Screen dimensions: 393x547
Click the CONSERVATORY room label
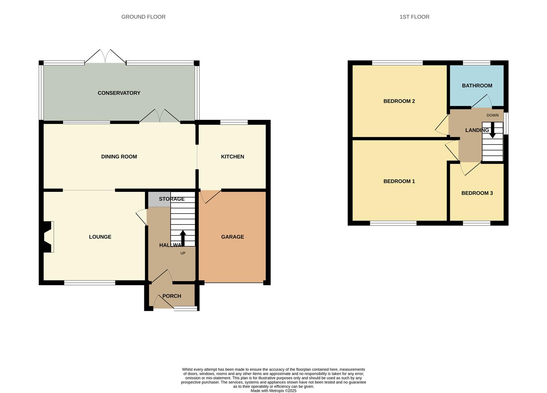(x=119, y=93)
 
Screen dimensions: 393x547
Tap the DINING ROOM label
(x=119, y=157)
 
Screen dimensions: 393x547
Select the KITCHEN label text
(x=233, y=157)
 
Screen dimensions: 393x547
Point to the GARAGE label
(x=233, y=237)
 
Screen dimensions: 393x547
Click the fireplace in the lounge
(x=48, y=237)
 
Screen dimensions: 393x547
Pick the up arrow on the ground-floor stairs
(x=183, y=238)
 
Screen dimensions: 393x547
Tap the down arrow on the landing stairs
(x=492, y=131)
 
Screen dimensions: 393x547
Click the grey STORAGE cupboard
(x=159, y=199)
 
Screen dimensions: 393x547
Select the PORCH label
(x=172, y=296)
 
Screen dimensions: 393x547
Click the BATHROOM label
(x=477, y=86)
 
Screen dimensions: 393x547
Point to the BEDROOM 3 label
(x=477, y=193)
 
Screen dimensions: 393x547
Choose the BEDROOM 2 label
(x=399, y=101)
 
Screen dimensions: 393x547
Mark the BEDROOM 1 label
(x=399, y=181)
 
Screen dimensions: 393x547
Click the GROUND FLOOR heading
(x=143, y=17)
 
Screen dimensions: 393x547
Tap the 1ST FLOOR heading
(x=414, y=17)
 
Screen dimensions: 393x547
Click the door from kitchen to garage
(x=210, y=196)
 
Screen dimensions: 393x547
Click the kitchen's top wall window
(x=234, y=122)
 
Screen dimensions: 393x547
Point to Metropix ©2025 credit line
(x=273, y=391)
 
